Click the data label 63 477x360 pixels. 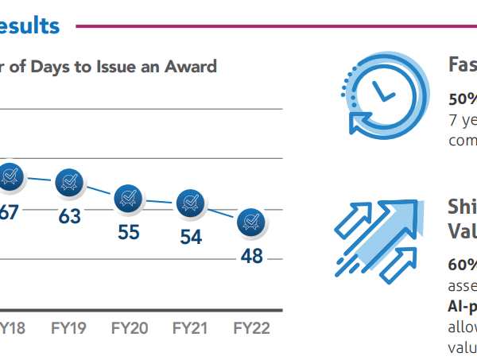(x=70, y=215)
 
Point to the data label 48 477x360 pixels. (x=252, y=257)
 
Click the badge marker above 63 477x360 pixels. (x=70, y=184)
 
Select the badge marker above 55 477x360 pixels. (x=128, y=199)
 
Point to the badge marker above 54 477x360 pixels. (x=190, y=204)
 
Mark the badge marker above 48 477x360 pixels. (x=252, y=222)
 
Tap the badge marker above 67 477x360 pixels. (x=10, y=176)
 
